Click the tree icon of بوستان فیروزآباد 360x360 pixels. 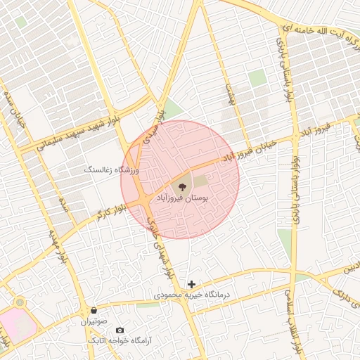pos(183,186)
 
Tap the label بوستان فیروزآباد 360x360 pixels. pos(183,200)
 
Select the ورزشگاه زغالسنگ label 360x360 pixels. pos(112,170)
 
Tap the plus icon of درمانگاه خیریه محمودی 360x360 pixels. pos(192,284)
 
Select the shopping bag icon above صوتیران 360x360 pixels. pos(94,310)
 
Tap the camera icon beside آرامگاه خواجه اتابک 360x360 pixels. pos(120,330)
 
